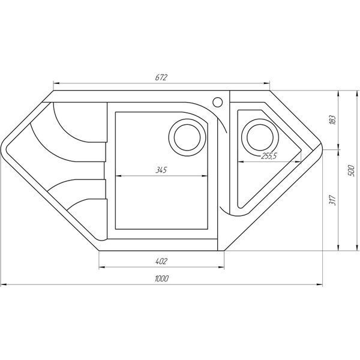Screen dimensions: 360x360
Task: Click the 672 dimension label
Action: (x=161, y=77)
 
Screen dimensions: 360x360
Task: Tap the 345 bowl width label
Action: (x=161, y=170)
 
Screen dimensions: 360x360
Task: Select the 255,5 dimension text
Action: (x=269, y=156)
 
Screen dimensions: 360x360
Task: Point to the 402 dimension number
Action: (x=161, y=261)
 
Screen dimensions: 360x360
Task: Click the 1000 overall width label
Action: (x=161, y=278)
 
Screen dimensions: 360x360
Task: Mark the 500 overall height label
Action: (x=351, y=170)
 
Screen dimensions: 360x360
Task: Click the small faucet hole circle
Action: (x=217, y=102)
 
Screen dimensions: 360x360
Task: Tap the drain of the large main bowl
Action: (x=187, y=137)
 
